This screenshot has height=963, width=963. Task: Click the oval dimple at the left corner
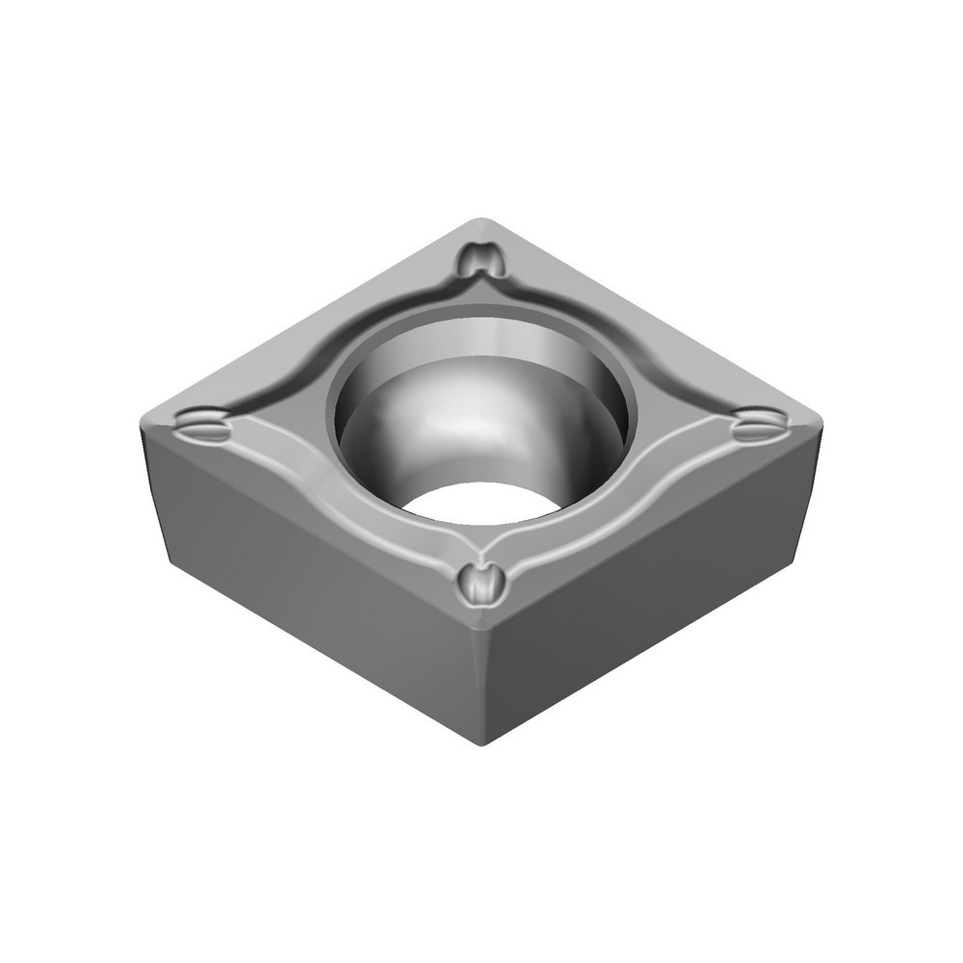coord(204,423)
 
